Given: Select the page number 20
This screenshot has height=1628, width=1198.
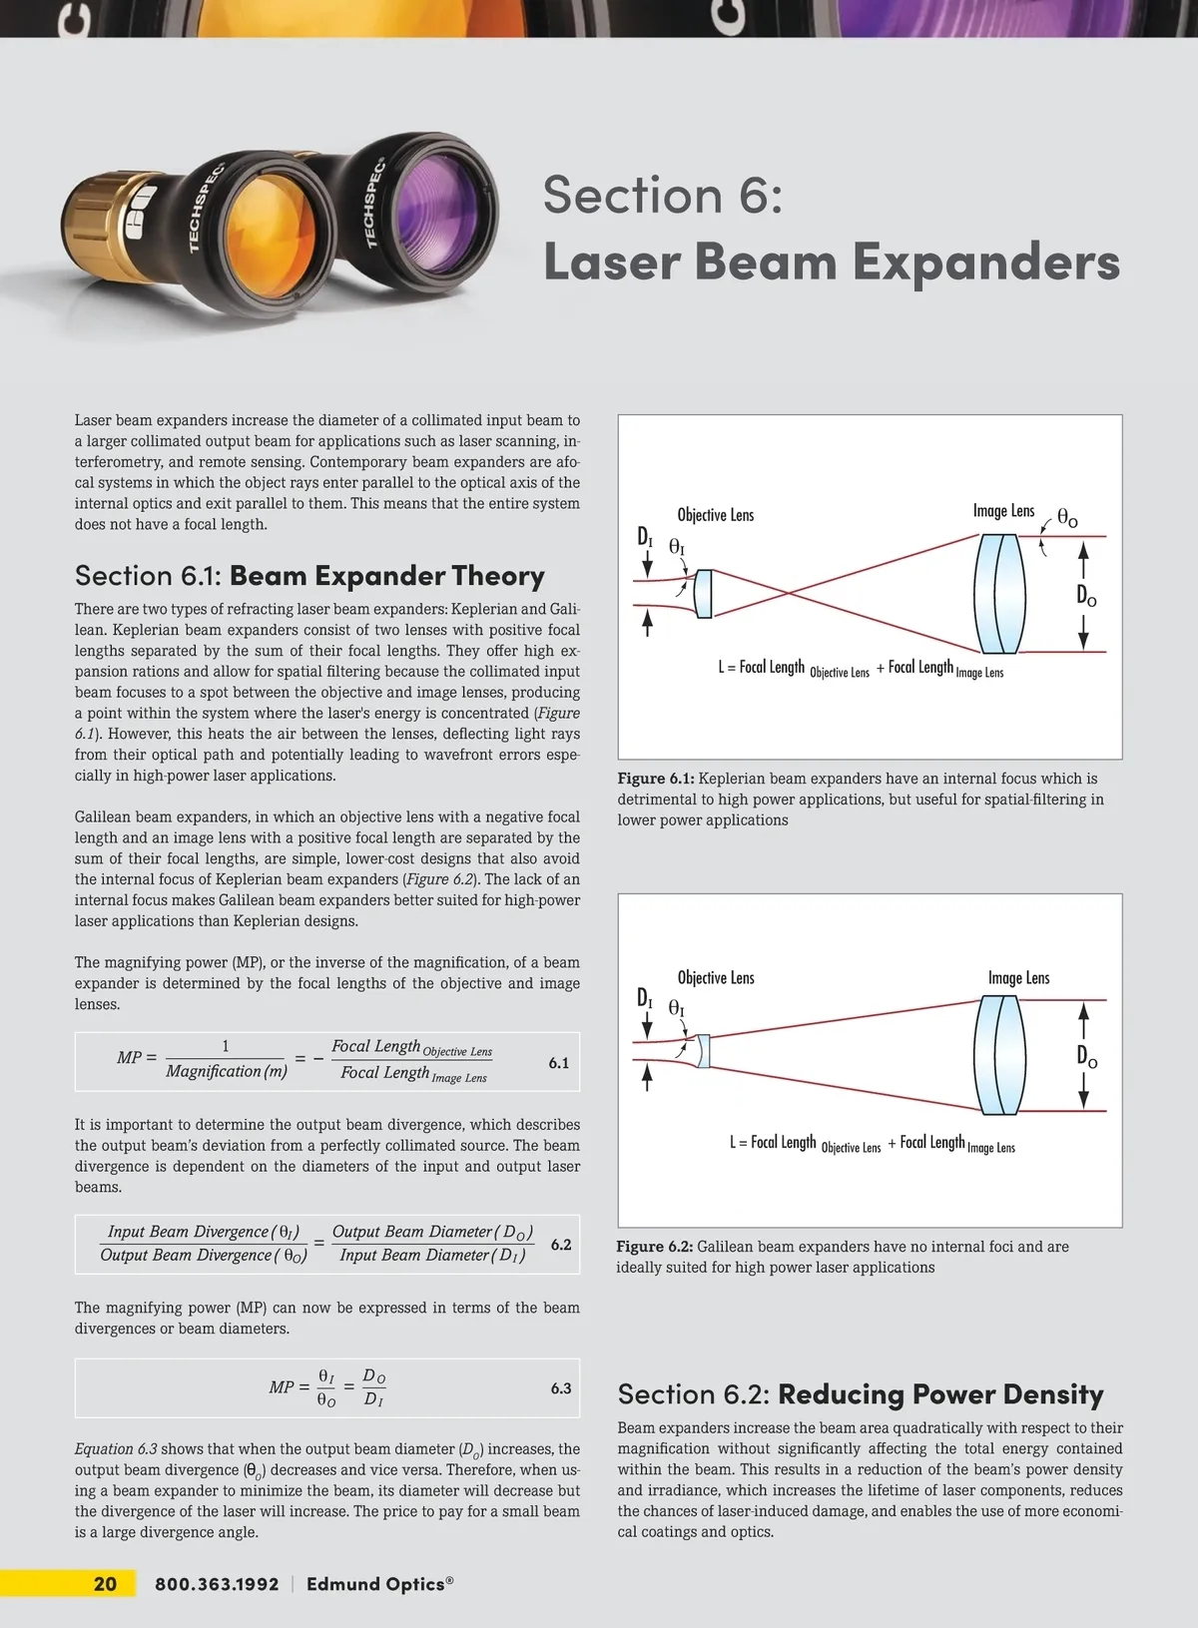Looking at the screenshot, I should pyautogui.click(x=105, y=1583).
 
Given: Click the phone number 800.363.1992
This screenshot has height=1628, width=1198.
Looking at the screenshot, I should pyautogui.click(x=217, y=1584).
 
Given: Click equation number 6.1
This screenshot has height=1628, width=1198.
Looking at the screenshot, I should pyautogui.click(x=559, y=1063).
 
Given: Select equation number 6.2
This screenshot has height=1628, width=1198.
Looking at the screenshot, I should pyautogui.click(x=561, y=1244).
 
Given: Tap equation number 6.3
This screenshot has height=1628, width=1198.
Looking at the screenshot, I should pyautogui.click(x=561, y=1388).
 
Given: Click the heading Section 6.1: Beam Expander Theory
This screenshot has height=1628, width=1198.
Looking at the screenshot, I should pyautogui.click(x=309, y=576).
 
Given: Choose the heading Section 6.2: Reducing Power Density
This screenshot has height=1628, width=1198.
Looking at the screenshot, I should pyautogui.click(x=861, y=1394).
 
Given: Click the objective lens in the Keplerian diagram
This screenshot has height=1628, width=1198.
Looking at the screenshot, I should pyautogui.click(x=704, y=594).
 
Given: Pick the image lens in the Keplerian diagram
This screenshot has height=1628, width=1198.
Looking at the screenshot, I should pyautogui.click(x=999, y=593).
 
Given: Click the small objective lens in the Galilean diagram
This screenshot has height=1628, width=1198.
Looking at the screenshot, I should pyautogui.click(x=704, y=1051).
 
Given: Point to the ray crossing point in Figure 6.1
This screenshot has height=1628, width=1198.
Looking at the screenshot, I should pyautogui.click(x=789, y=593).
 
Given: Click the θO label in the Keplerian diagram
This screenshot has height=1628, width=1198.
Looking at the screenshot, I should pyautogui.click(x=1067, y=519).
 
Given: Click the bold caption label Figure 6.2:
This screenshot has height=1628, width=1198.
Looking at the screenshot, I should pyautogui.click(x=654, y=1247).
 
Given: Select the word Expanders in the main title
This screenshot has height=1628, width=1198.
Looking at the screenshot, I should pyautogui.click(x=985, y=262).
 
